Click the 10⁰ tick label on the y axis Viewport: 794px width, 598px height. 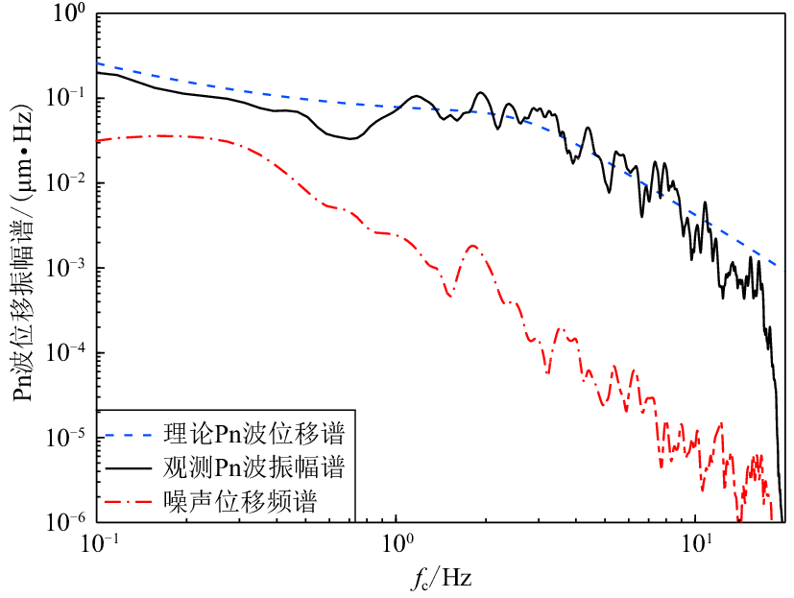(69, 14)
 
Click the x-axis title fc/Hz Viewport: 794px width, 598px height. (439, 579)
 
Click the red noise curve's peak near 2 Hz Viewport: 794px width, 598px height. (472, 246)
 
